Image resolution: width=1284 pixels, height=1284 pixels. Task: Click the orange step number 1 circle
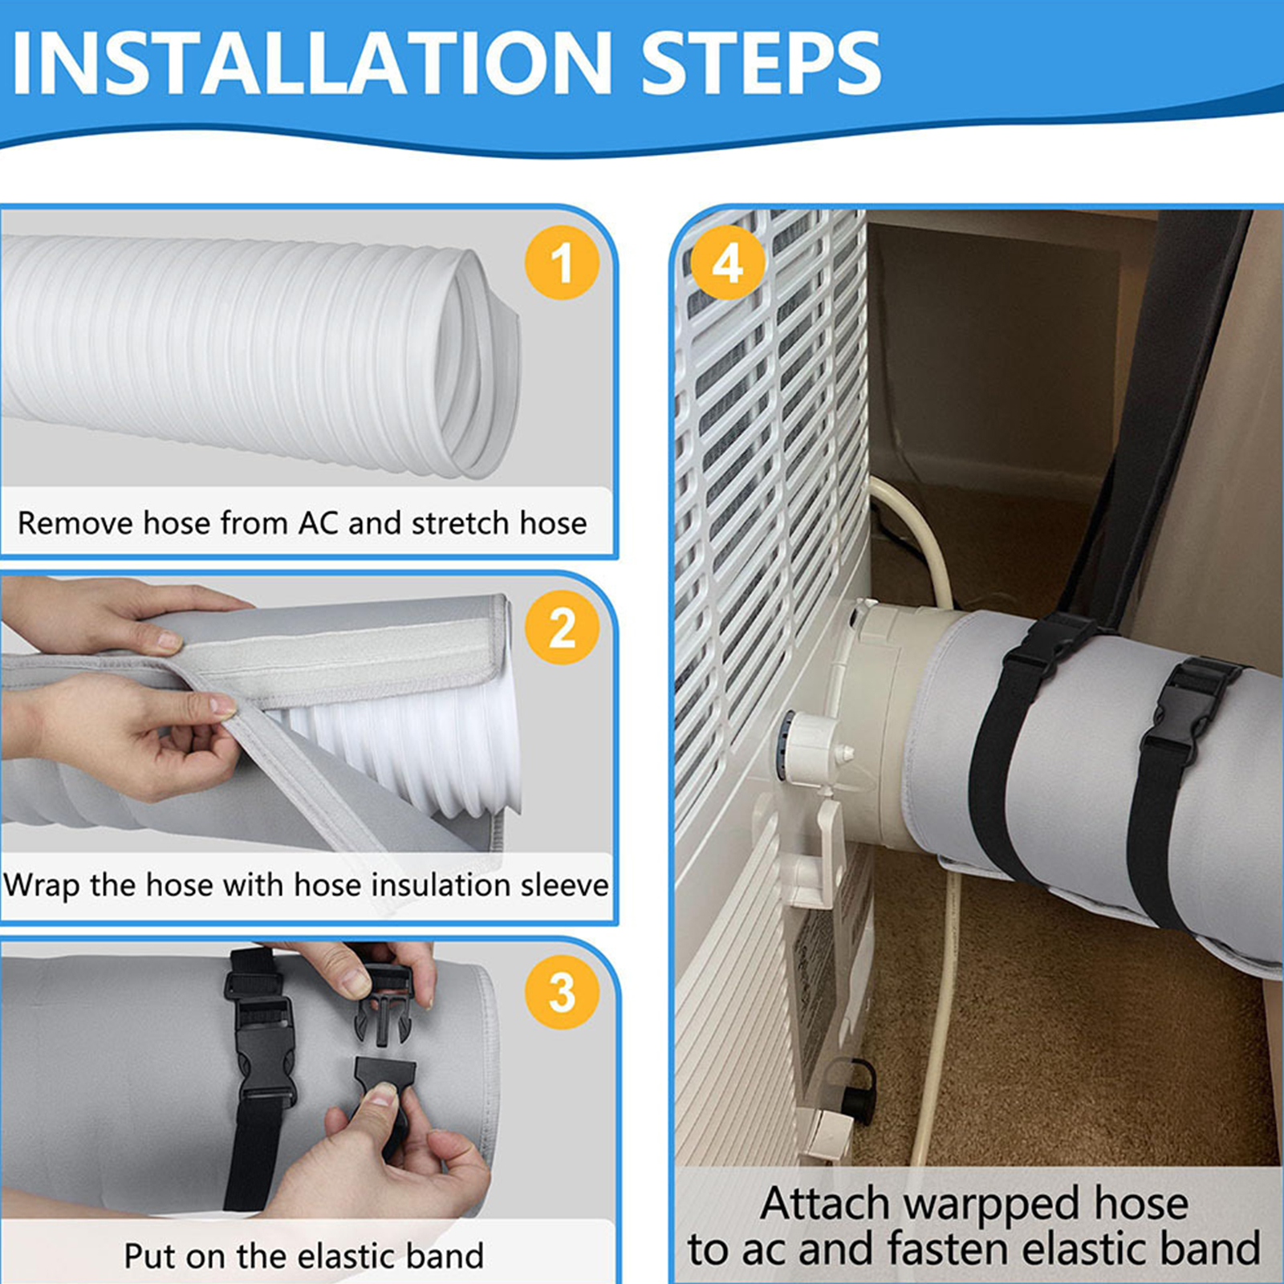coord(562,262)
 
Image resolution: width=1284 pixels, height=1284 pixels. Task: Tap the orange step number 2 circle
coord(562,627)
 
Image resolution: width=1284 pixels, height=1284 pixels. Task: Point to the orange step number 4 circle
coord(727,262)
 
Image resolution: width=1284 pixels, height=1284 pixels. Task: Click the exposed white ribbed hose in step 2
coord(401,742)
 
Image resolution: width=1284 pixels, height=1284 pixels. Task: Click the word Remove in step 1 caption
coord(76,523)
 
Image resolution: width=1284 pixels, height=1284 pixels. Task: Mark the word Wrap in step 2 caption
coord(42,886)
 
